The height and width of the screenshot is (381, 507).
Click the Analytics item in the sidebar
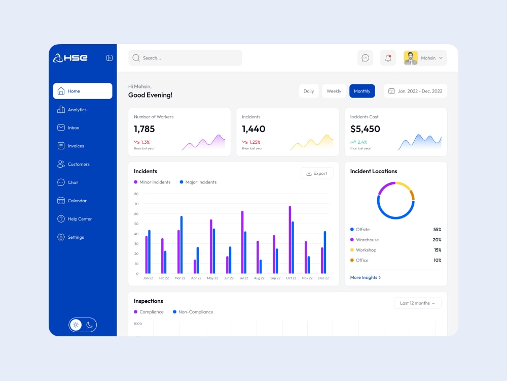click(72, 110)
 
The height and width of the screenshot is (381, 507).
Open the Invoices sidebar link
click(70, 146)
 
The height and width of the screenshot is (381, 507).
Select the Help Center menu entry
click(75, 218)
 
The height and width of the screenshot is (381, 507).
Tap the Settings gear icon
click(61, 237)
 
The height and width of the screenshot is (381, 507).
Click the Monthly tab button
click(362, 91)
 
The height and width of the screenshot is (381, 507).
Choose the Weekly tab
click(334, 91)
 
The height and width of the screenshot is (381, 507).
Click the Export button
click(317, 173)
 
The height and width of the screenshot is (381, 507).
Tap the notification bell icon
click(388, 58)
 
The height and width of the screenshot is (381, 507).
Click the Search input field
click(185, 58)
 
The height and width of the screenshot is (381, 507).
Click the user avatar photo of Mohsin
click(411, 58)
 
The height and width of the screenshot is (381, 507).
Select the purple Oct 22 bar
click(289, 240)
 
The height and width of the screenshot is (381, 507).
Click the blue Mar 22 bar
click(182, 245)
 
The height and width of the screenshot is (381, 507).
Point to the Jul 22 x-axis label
click(244, 278)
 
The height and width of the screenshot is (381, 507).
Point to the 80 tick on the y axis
click(136, 194)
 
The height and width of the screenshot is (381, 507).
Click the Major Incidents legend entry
click(198, 182)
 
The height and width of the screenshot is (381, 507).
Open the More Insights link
click(366, 277)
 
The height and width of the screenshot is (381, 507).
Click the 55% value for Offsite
click(437, 230)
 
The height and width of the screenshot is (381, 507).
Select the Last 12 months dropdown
click(417, 303)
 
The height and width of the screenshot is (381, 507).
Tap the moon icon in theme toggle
click(90, 325)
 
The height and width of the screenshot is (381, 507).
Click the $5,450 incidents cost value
click(365, 129)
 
